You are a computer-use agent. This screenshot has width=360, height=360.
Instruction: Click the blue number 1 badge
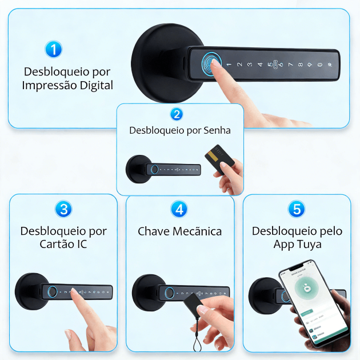click(x=53, y=49)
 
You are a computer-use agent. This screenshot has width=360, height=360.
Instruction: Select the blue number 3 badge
click(x=63, y=209)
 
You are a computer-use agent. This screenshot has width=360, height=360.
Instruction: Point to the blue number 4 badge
click(x=180, y=209)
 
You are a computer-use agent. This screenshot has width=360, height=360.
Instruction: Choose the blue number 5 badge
click(x=297, y=209)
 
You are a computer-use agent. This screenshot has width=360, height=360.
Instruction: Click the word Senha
click(x=217, y=130)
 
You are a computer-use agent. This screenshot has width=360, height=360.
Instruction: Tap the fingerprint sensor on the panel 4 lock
click(x=170, y=293)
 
